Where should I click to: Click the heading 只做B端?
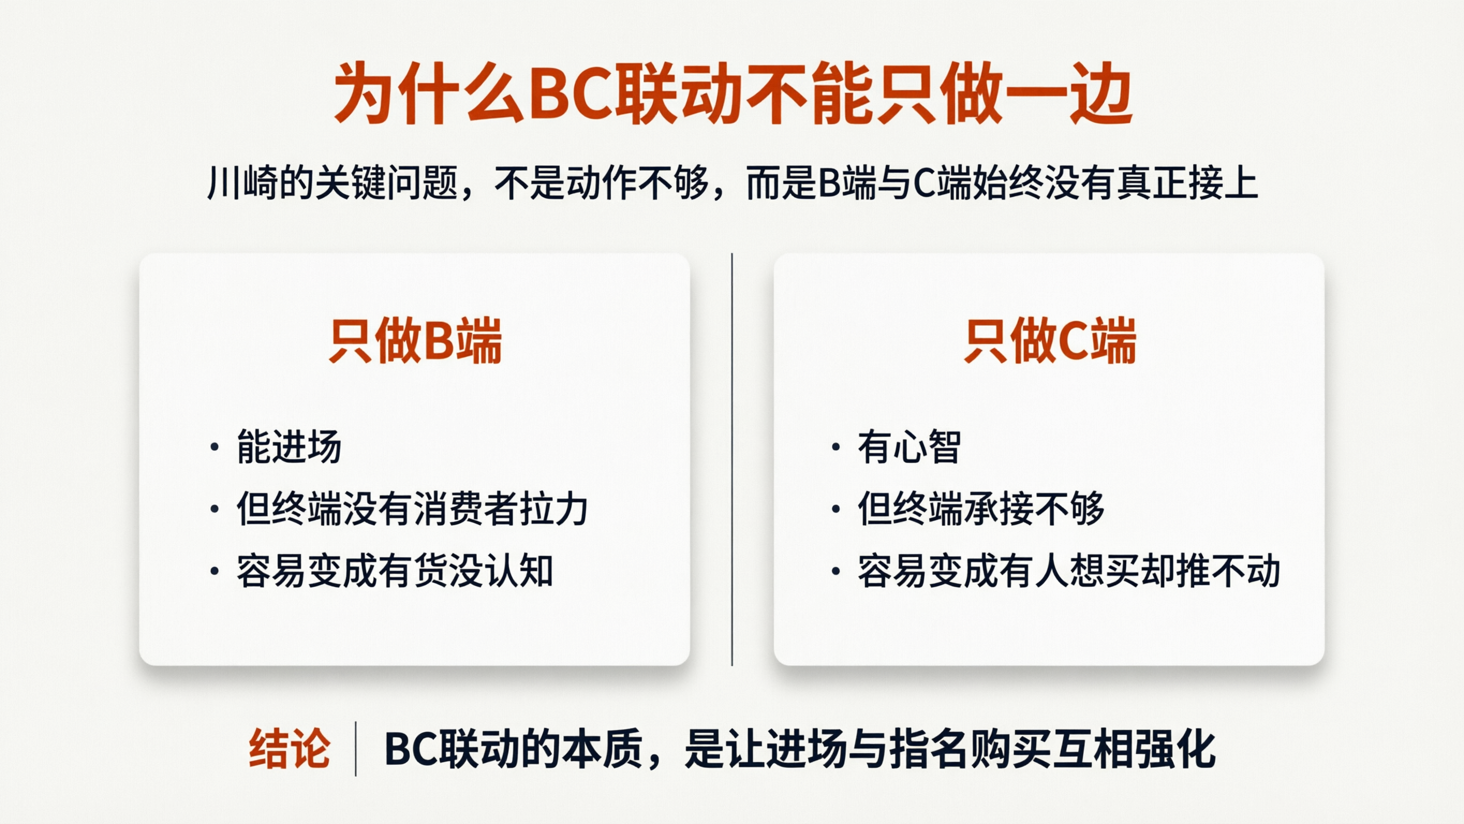coord(415,341)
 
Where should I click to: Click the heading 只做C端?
coord(1049,341)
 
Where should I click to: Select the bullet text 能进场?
coord(289,447)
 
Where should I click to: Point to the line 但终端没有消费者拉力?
coord(412,509)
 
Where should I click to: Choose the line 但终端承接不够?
coord(981,509)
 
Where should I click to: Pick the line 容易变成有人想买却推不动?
coord(1068,571)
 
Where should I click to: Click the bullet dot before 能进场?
coord(215,447)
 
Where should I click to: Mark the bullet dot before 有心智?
coord(835,447)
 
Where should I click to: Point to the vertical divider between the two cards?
coord(732,460)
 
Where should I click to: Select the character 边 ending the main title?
coord(1101,94)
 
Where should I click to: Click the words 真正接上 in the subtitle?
coord(1187,183)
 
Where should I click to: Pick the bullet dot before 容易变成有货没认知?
coord(215,571)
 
